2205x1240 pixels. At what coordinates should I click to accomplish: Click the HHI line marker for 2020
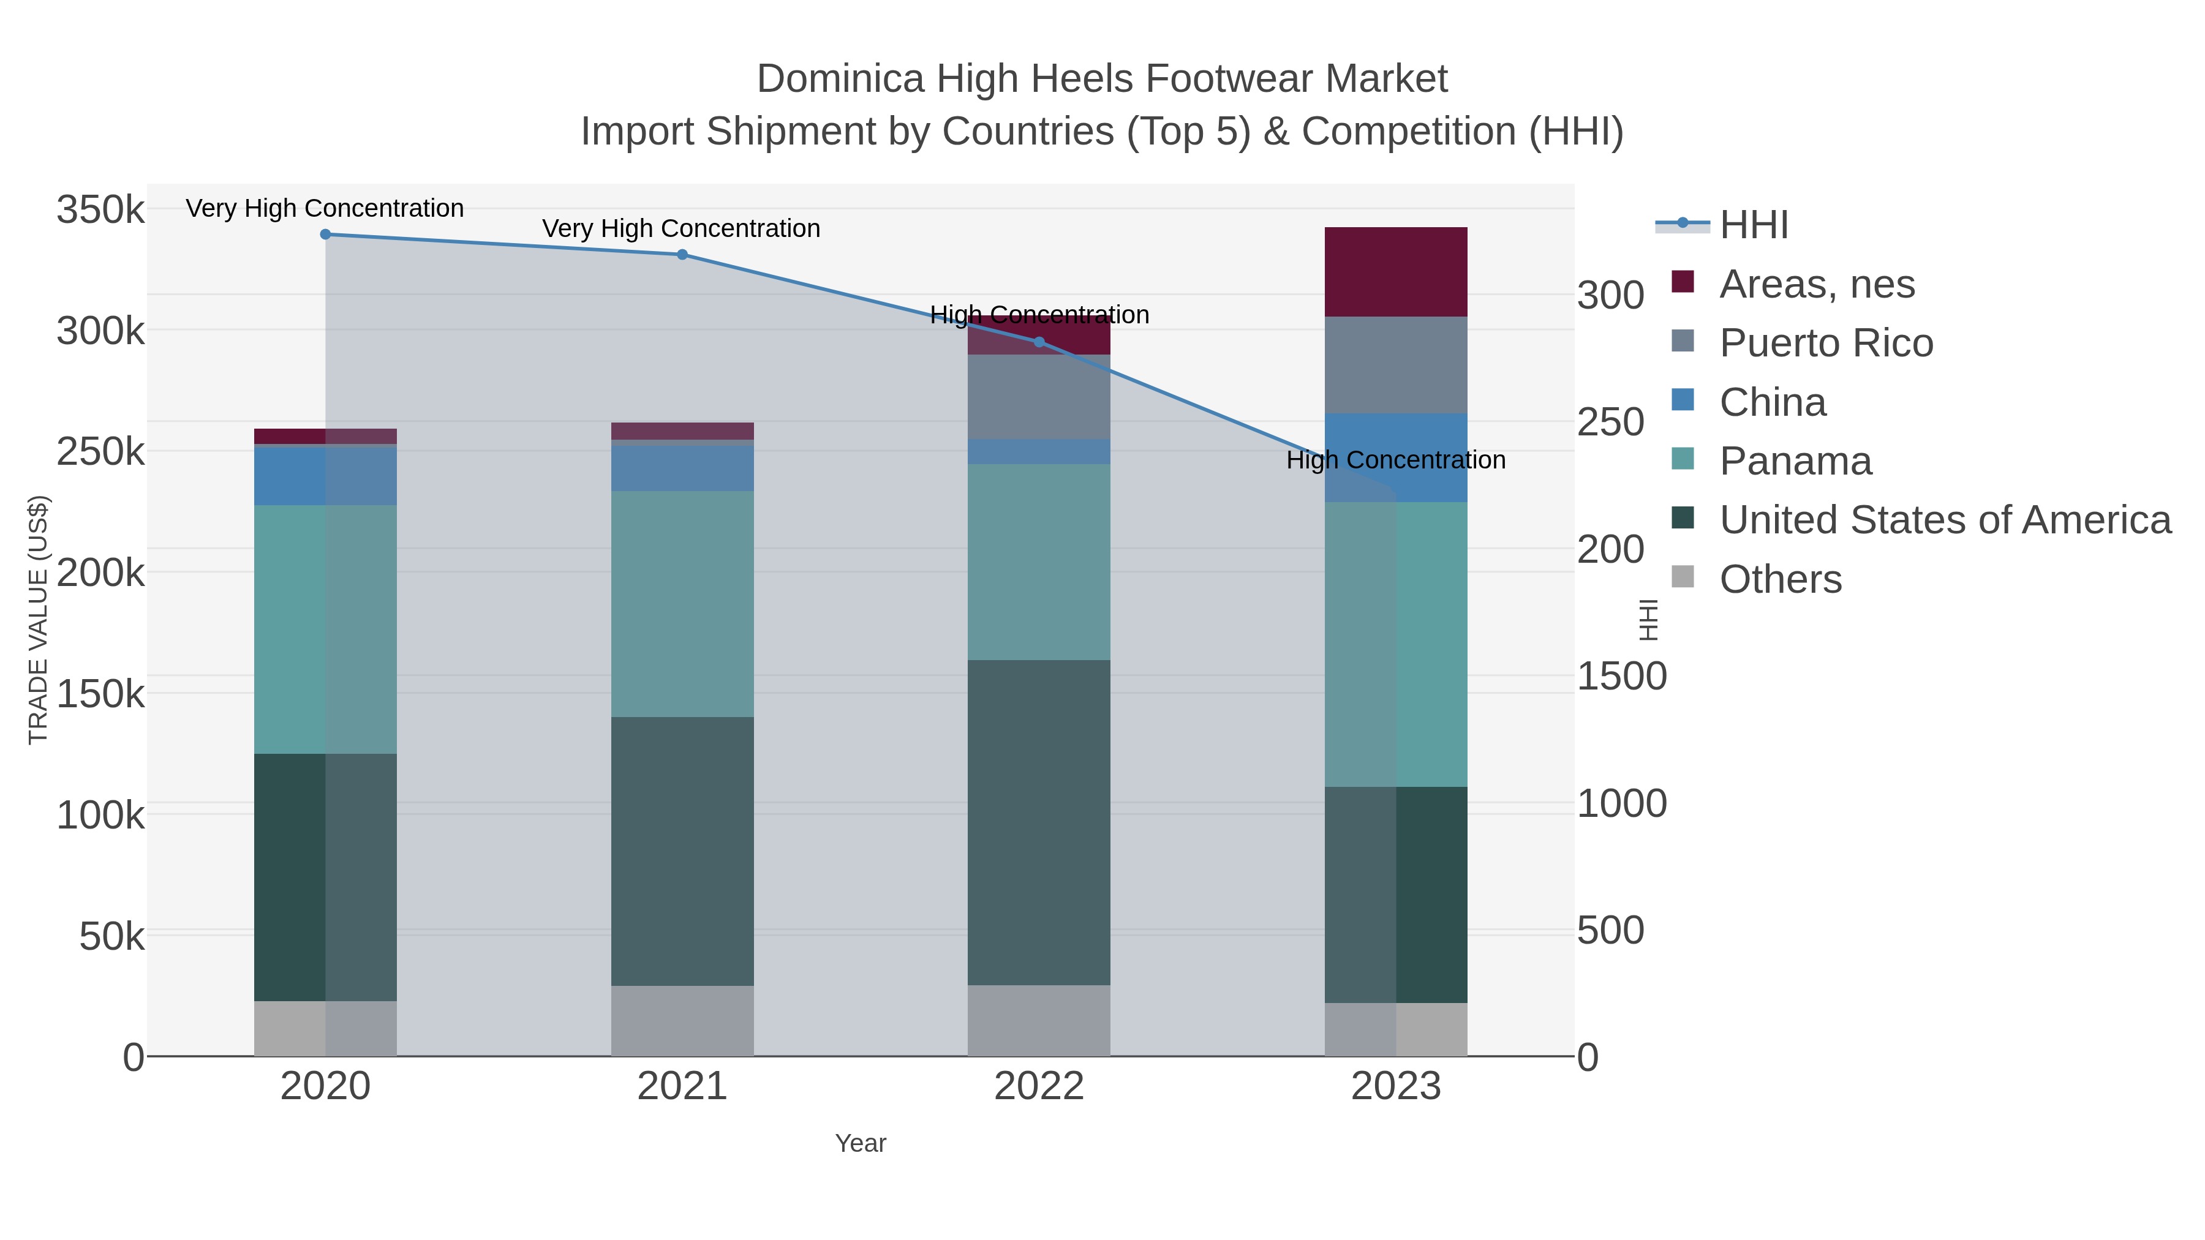[x=325, y=235]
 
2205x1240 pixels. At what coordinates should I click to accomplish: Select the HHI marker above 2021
[x=682, y=254]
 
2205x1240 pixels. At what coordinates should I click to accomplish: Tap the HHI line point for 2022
[x=1039, y=342]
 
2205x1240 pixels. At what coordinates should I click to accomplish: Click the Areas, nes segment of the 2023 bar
[x=1395, y=272]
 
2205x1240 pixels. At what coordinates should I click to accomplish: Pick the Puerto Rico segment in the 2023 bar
[x=1395, y=366]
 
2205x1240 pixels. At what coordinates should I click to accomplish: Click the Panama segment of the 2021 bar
[x=682, y=603]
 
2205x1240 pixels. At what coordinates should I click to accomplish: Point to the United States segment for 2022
[x=1039, y=822]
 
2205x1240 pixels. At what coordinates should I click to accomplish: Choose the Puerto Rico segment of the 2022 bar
[x=1039, y=397]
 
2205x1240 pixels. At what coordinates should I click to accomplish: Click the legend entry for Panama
[x=1795, y=461]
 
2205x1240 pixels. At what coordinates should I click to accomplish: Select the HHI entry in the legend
[x=1753, y=225]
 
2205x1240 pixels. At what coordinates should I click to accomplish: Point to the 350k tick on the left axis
[x=100, y=209]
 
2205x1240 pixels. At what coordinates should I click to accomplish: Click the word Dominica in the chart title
[x=840, y=80]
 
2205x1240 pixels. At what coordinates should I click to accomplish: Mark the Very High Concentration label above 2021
[x=681, y=228]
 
